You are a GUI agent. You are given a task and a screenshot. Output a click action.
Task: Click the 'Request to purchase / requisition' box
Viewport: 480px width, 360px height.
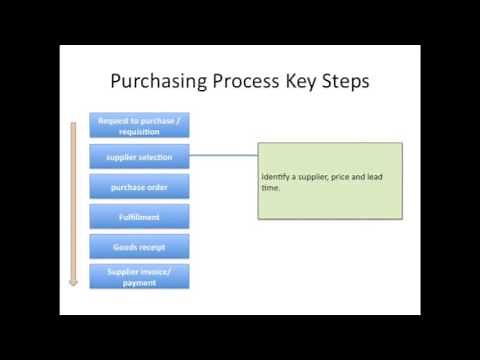(x=139, y=125)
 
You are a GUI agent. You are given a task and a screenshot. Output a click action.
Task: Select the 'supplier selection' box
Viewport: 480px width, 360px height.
(x=139, y=156)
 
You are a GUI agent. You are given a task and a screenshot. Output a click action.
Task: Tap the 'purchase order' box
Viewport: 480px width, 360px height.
(x=139, y=186)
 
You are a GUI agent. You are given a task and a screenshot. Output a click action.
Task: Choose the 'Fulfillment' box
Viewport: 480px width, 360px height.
(x=139, y=216)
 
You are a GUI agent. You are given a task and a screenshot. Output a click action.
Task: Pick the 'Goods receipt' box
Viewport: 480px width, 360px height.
(x=139, y=246)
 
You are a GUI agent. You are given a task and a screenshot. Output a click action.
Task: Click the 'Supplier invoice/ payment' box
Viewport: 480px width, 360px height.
(x=139, y=276)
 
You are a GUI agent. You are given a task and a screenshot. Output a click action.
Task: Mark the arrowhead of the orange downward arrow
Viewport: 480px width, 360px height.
(x=73, y=282)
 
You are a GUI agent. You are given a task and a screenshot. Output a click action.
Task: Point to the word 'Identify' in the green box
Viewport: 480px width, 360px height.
(x=277, y=177)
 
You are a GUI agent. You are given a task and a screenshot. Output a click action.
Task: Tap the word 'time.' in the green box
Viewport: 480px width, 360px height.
(x=271, y=187)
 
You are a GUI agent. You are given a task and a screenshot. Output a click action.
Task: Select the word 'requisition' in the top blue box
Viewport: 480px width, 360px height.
(x=140, y=131)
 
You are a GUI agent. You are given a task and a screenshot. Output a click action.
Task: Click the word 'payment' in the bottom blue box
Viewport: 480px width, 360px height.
(x=140, y=282)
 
